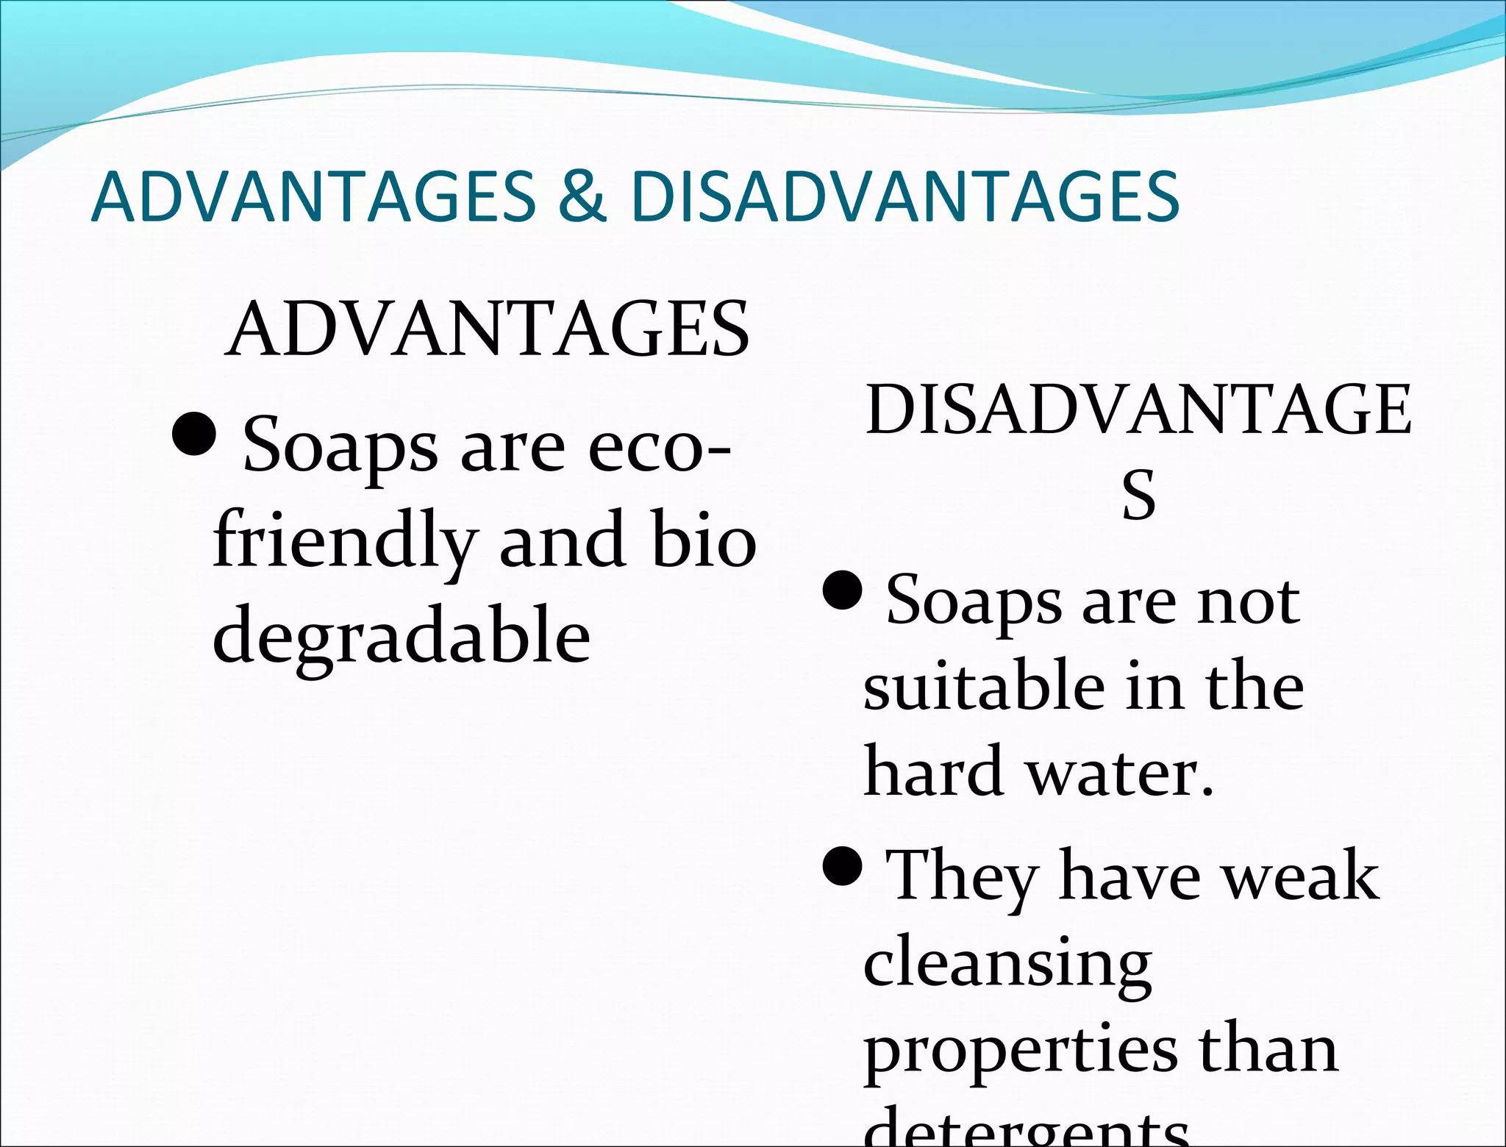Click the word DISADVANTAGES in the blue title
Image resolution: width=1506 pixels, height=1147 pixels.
tap(905, 196)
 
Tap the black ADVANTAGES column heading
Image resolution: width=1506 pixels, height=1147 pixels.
tap(487, 329)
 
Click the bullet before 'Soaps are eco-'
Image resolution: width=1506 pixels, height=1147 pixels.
tap(193, 434)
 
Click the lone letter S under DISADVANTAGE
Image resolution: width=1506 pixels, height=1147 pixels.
tap(1138, 495)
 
